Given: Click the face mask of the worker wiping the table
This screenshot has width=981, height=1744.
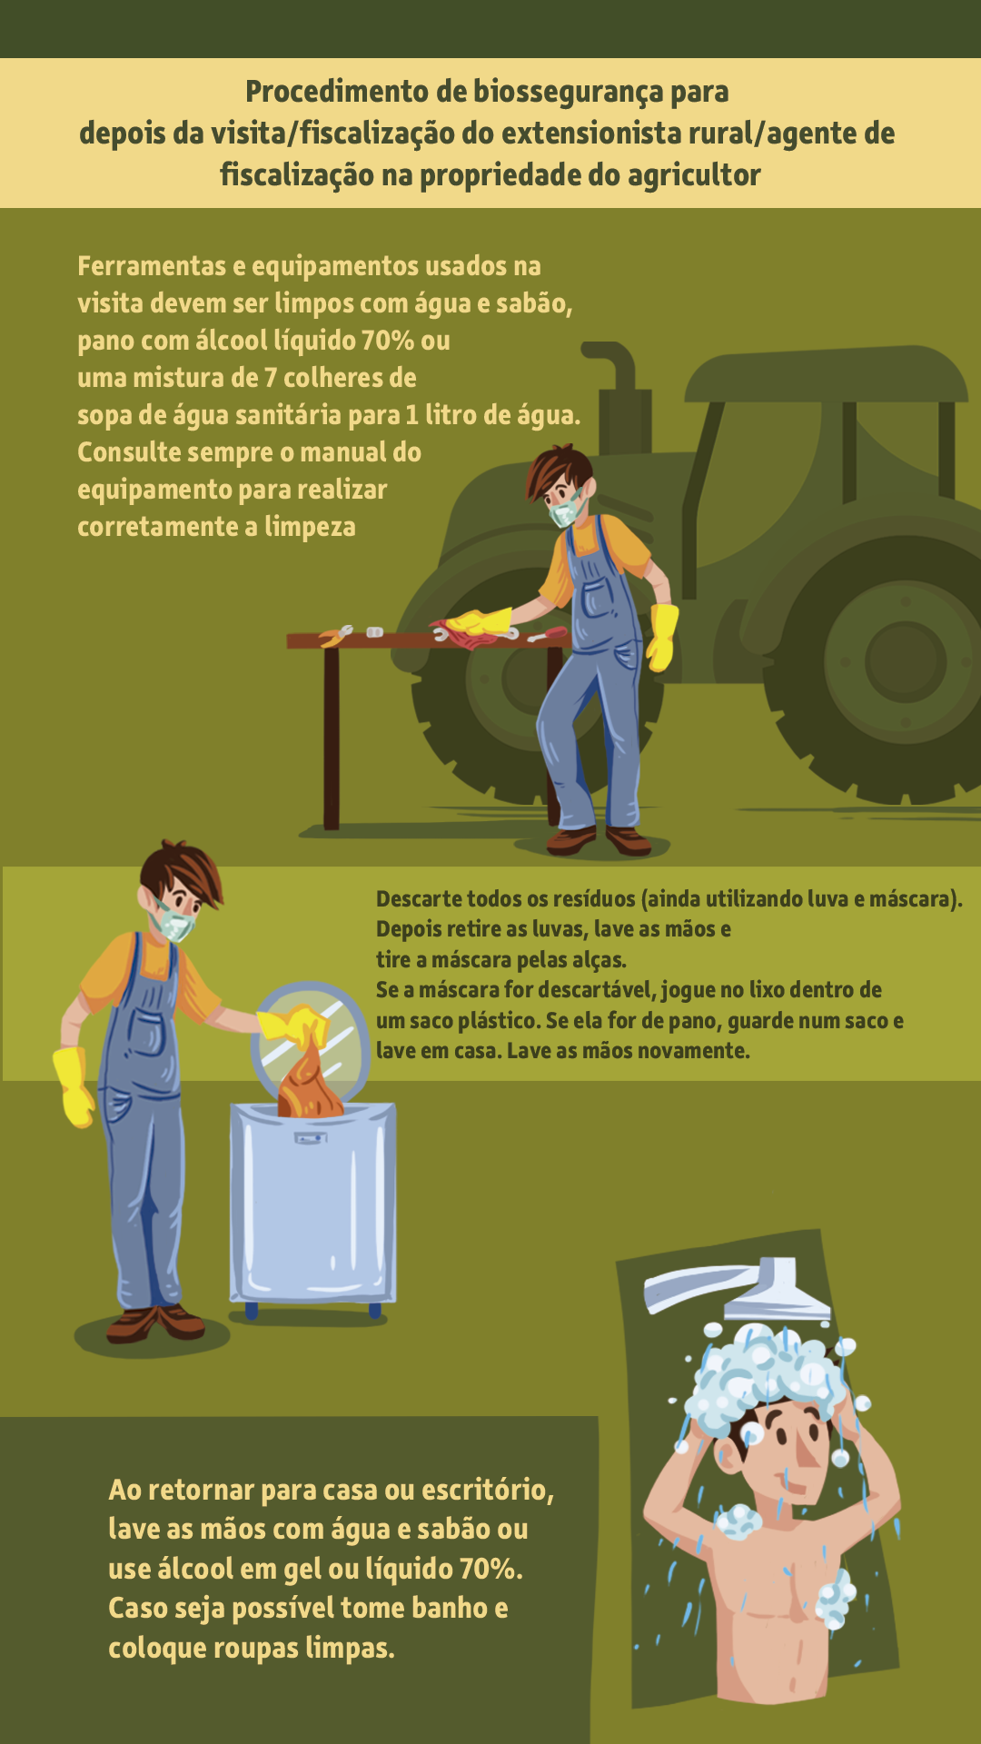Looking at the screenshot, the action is coord(566,509).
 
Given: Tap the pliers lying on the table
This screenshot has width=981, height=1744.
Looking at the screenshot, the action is coord(335,635).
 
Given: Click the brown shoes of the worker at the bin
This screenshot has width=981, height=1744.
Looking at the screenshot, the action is coord(155,1323).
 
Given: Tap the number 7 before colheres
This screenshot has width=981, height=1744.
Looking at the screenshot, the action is coord(271,378).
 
